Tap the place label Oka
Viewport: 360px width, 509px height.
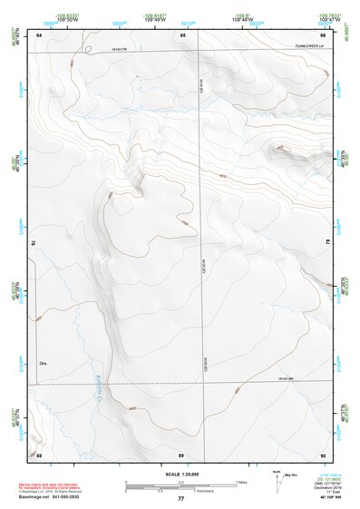[42, 364]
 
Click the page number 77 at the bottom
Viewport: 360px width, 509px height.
[180, 499]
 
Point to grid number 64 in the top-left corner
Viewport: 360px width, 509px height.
[39, 34]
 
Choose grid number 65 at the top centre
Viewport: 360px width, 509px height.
[182, 34]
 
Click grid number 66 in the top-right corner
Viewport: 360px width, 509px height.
[324, 34]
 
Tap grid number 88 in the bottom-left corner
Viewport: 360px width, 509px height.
[39, 454]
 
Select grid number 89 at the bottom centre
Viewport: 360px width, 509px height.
[181, 454]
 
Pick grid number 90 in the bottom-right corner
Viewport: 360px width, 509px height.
[324, 454]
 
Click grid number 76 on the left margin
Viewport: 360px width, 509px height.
[34, 243]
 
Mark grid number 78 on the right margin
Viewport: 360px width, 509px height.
[328, 243]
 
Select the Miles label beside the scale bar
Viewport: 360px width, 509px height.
[242, 482]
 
